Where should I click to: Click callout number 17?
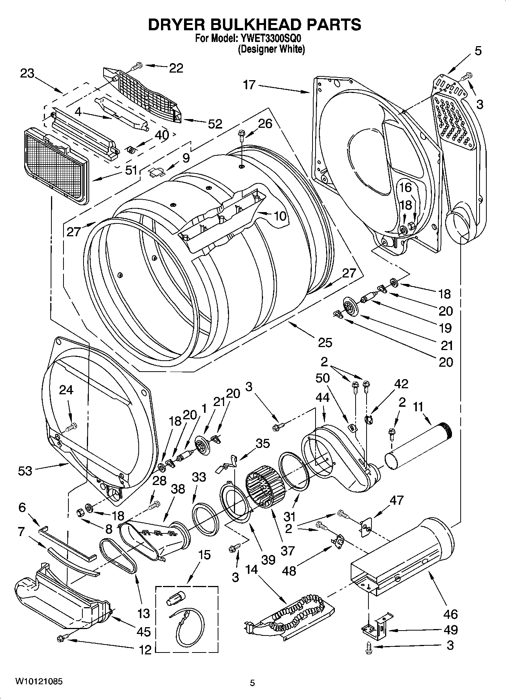[x=249, y=85]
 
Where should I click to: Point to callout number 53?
[x=25, y=471]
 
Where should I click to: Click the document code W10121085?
[x=39, y=682]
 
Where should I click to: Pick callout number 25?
[x=325, y=342]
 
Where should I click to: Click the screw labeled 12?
[x=60, y=638]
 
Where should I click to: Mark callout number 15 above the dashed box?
[x=204, y=555]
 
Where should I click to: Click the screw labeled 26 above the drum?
[x=241, y=135]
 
